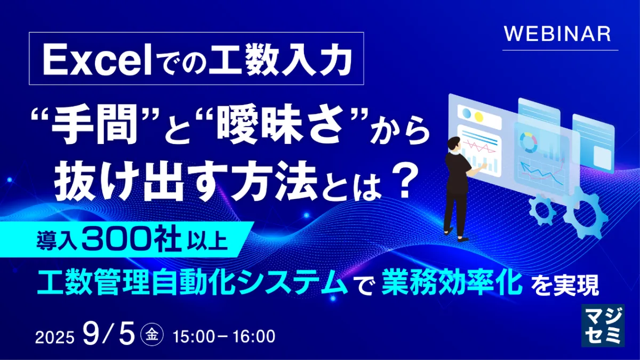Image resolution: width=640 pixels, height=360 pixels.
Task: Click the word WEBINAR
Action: pyautogui.click(x=557, y=34)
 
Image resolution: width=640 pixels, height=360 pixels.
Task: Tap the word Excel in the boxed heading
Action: pyautogui.click(x=97, y=61)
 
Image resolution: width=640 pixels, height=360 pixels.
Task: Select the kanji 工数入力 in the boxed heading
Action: pyautogui.click(x=280, y=61)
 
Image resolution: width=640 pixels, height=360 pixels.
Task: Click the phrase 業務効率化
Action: pyautogui.click(x=450, y=282)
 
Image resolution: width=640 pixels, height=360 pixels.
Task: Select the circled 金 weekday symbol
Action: pyautogui.click(x=152, y=334)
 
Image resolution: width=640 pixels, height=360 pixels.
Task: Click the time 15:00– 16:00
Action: pyautogui.click(x=224, y=337)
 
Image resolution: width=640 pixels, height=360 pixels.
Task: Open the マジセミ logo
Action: pyautogui.click(x=603, y=325)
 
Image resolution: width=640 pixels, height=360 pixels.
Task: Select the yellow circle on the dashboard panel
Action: pyautogui.click(x=478, y=117)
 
